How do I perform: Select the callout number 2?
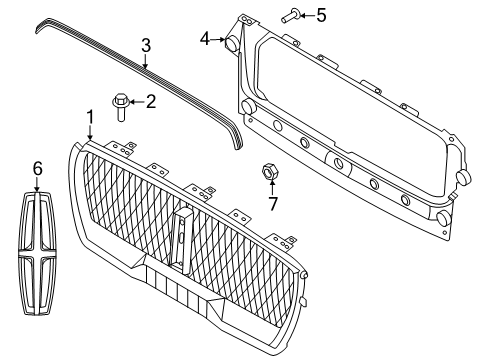(152, 100)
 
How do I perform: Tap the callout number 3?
(145, 45)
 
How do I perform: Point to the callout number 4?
(205, 39)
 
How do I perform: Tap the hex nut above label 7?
(269, 169)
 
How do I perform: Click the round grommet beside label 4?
(232, 44)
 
